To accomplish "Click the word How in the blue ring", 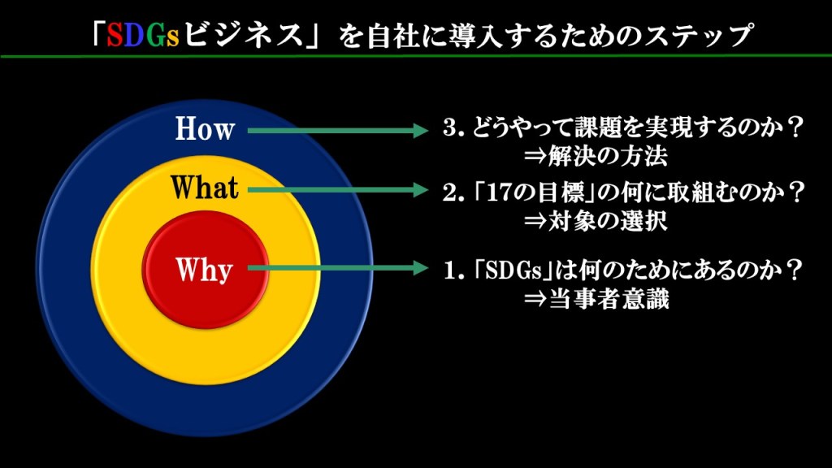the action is point(205,129).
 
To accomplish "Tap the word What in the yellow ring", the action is point(204,188).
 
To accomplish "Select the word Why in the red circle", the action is point(204,270).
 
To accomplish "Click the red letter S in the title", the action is point(115,35).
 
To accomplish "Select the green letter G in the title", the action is point(156,35).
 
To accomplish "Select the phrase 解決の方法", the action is point(608,157).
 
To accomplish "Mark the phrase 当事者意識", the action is point(609,299).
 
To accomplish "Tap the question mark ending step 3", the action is point(795,128).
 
